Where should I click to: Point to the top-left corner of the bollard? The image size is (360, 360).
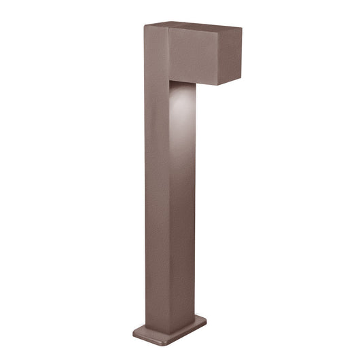pos(145,26)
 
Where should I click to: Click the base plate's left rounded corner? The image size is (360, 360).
pos(134,330)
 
